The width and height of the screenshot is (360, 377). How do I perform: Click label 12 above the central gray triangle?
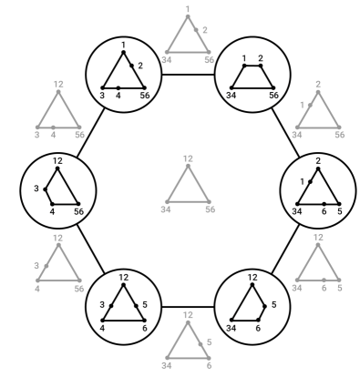click(187, 158)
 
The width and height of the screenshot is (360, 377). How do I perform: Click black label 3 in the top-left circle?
click(103, 95)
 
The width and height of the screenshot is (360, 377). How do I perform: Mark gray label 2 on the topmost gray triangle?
click(205, 30)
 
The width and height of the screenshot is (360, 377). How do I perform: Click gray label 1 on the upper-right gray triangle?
click(302, 105)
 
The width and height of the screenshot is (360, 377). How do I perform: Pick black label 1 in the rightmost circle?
click(302, 182)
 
